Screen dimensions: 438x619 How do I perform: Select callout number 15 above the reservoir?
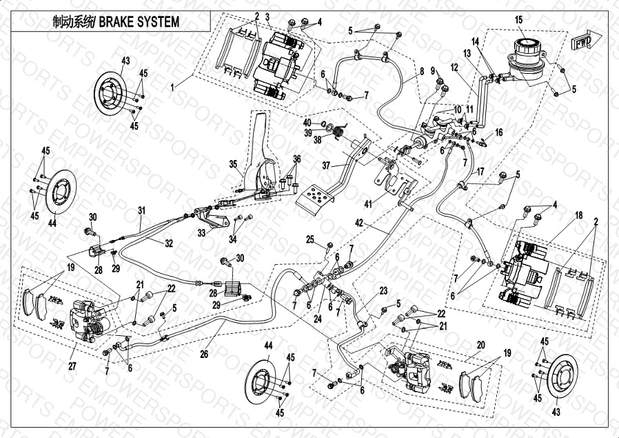(x=519, y=19)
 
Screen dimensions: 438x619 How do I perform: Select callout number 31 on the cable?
(x=141, y=210)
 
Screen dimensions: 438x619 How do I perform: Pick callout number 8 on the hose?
(x=421, y=72)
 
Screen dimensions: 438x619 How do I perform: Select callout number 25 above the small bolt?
(x=310, y=239)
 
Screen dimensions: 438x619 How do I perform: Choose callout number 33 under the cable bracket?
(x=202, y=233)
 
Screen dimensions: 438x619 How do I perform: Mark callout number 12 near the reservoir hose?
(x=454, y=68)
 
